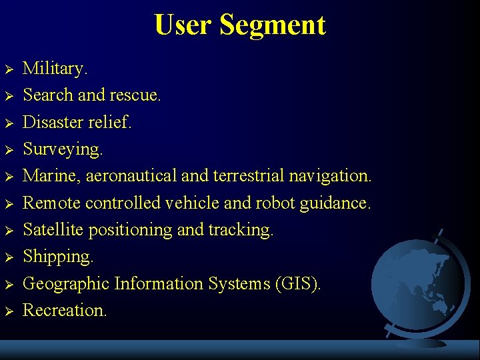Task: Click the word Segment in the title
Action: (x=272, y=25)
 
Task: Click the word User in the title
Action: (x=183, y=25)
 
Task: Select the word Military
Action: (x=55, y=68)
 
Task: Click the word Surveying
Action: (x=63, y=149)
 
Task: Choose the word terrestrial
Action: (x=248, y=176)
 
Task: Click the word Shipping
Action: (x=58, y=257)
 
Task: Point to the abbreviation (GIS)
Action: (x=297, y=284)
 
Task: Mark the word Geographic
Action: (x=66, y=284)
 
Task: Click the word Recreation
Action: (x=65, y=311)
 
